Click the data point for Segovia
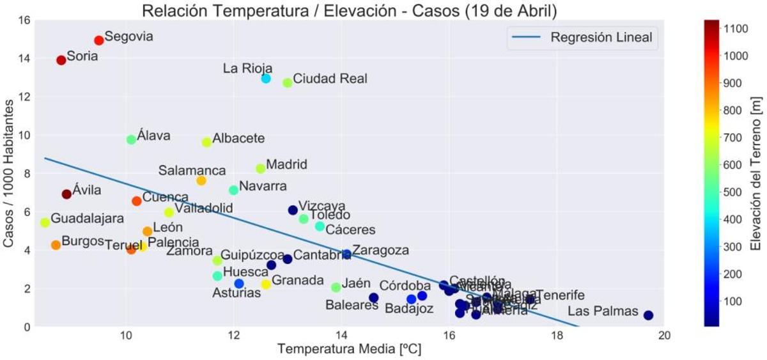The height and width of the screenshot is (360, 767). (98, 40)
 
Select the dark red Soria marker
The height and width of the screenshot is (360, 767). (61, 60)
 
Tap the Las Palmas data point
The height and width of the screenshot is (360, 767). (648, 315)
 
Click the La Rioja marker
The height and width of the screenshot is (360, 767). (266, 79)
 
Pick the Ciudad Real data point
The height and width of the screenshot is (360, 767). (288, 82)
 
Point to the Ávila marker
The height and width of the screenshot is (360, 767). (66, 194)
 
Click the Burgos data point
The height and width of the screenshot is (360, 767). (56, 245)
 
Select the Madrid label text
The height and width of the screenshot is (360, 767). (286, 164)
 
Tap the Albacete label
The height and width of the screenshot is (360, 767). (238, 138)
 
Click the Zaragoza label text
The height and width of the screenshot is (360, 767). (380, 250)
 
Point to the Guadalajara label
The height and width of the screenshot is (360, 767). (87, 219)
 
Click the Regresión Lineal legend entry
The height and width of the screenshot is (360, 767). (601, 38)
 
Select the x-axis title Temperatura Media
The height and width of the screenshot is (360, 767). (349, 350)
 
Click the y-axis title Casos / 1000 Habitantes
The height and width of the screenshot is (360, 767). (11, 173)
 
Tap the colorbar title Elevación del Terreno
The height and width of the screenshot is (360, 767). (755, 173)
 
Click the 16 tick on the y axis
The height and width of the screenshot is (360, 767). (23, 20)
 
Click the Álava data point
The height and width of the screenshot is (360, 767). (131, 139)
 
